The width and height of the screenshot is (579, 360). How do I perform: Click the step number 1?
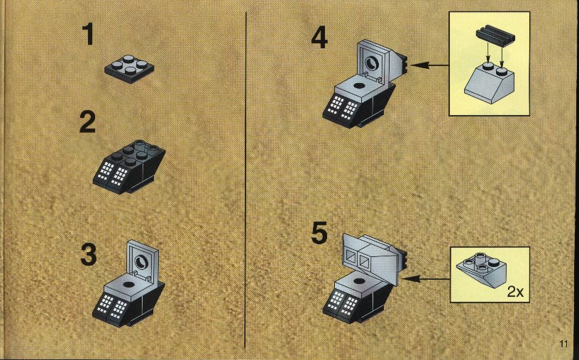[x=88, y=34]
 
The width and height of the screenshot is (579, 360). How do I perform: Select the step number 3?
[x=89, y=254]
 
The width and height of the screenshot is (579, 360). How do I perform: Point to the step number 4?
[x=319, y=38]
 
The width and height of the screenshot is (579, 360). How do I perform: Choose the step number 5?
[x=319, y=233]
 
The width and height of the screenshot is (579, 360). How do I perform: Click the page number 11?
[x=563, y=344]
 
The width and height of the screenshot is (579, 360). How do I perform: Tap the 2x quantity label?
[x=515, y=292]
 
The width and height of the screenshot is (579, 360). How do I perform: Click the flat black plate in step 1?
[x=129, y=69]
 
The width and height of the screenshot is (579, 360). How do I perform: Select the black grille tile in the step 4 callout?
[x=495, y=36]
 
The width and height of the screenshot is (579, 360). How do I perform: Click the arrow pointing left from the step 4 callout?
[x=429, y=65]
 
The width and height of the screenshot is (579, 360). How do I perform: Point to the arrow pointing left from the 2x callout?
[x=426, y=278]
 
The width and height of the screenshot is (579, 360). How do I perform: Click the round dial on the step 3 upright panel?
[x=142, y=262]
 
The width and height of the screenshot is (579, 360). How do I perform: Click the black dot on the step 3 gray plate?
[x=128, y=285]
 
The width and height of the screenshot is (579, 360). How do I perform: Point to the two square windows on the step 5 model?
[x=358, y=258]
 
